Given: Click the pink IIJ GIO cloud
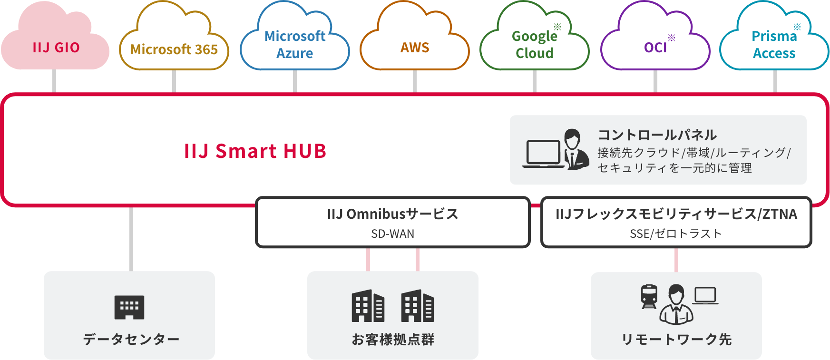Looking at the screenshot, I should coord(56,48).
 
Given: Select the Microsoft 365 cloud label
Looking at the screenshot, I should coord(174,49).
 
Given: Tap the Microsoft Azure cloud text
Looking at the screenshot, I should coord(295,45).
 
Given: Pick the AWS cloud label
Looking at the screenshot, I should coord(415,48).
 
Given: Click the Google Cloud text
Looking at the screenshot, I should coord(534,45).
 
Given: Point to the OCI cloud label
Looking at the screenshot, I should coord(655,48).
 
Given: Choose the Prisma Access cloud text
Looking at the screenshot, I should coord(774,45).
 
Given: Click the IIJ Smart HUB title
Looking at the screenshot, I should coord(255,151).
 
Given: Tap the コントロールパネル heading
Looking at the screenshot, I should coord(657,135).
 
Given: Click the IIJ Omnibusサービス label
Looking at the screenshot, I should coord(392,214).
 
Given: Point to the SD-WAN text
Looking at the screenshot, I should coord(392,234).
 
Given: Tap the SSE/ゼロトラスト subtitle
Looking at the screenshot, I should coord(676,234).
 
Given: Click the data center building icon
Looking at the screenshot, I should coord(129,307).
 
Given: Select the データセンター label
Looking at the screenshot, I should coord(131,340).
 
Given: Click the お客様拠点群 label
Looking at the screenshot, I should coord(393,340).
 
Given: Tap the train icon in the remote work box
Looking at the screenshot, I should coord(649,297).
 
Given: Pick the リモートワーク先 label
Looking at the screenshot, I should coord(676,340).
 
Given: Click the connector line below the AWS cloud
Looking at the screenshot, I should coord(415,81).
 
